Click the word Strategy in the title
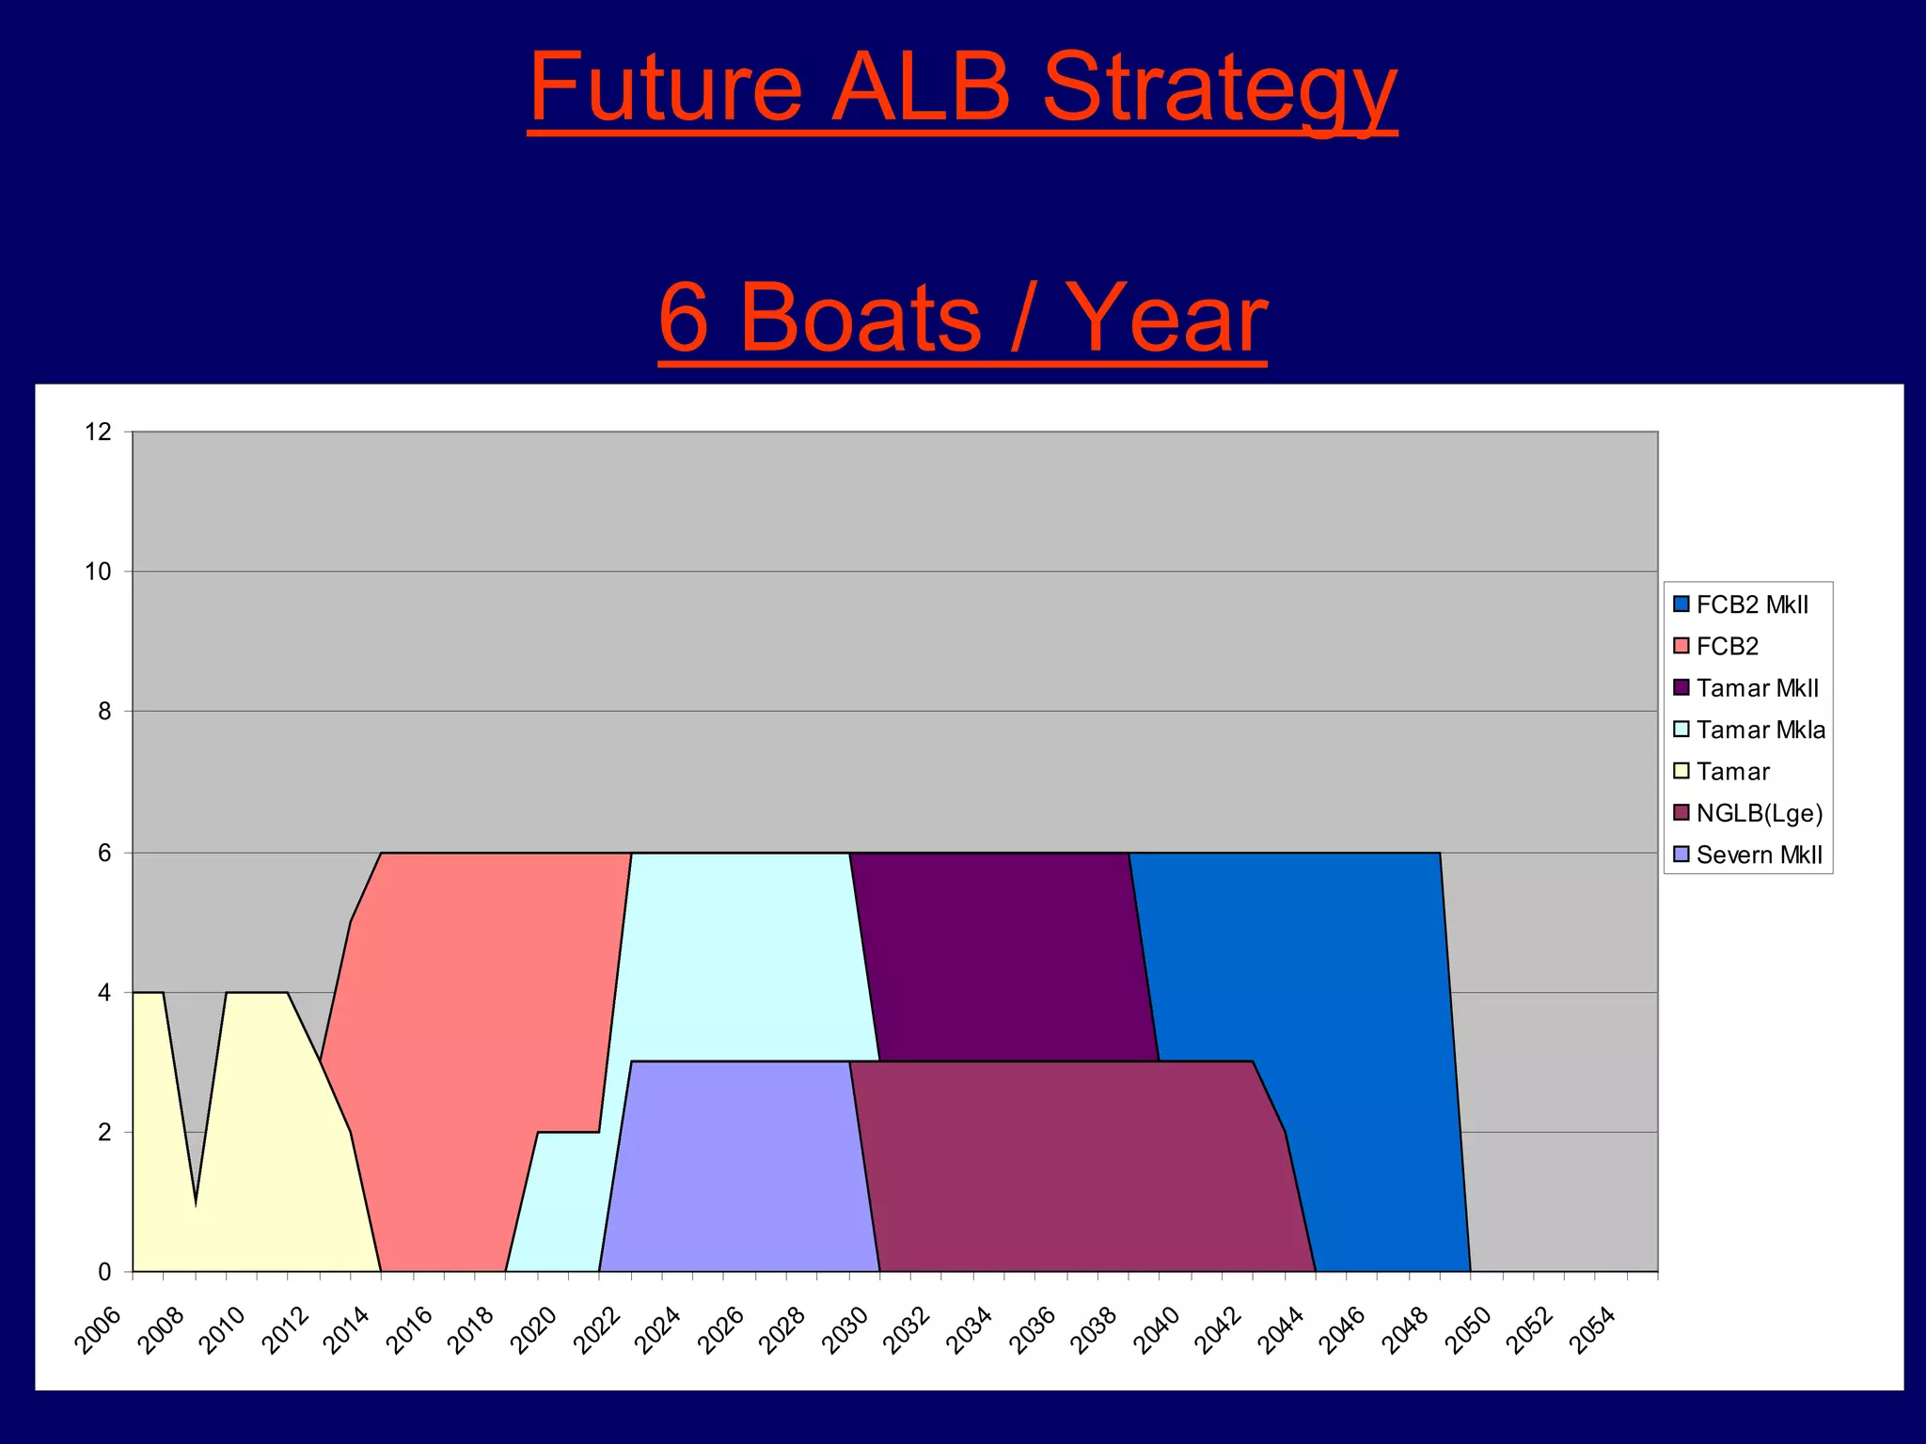coord(1219,90)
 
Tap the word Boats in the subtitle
coord(860,320)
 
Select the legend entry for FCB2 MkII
coord(1751,604)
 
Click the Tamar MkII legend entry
coord(1757,688)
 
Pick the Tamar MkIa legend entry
coord(1760,730)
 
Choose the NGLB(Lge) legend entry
coord(1759,813)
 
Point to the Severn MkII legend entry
coord(1759,855)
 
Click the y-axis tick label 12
coord(98,432)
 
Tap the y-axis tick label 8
coord(103,712)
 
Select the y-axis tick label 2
coord(103,1133)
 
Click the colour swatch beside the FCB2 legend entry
coord(1681,647)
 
